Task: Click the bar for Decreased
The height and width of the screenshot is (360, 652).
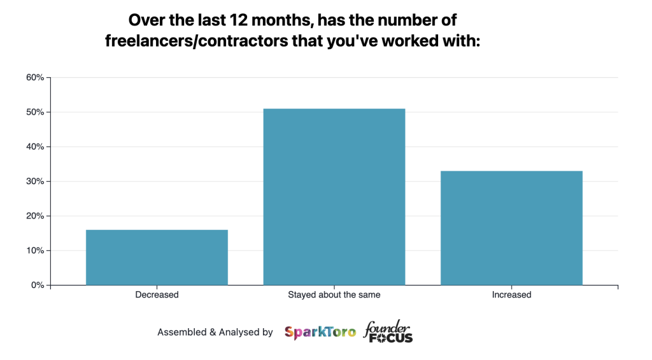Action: pos(157,257)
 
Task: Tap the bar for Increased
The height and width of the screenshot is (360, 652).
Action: pos(511,227)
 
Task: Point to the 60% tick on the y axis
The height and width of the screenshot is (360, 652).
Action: pos(34,78)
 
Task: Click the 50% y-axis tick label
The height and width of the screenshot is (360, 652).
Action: pos(34,112)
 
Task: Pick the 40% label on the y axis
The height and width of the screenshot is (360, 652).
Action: pos(34,147)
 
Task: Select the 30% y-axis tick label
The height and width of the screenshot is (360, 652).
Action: pos(34,182)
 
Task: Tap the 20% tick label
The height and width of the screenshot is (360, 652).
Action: pos(34,216)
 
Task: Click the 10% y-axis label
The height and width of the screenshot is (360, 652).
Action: pos(34,250)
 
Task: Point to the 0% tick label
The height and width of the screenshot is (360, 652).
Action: pos(37,285)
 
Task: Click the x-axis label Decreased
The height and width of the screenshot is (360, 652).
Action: pos(157,295)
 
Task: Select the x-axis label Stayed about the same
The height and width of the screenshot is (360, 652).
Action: pos(334,295)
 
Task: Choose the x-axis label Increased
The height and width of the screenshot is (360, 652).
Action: pos(511,295)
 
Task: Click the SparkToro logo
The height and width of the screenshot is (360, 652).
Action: pos(320,332)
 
